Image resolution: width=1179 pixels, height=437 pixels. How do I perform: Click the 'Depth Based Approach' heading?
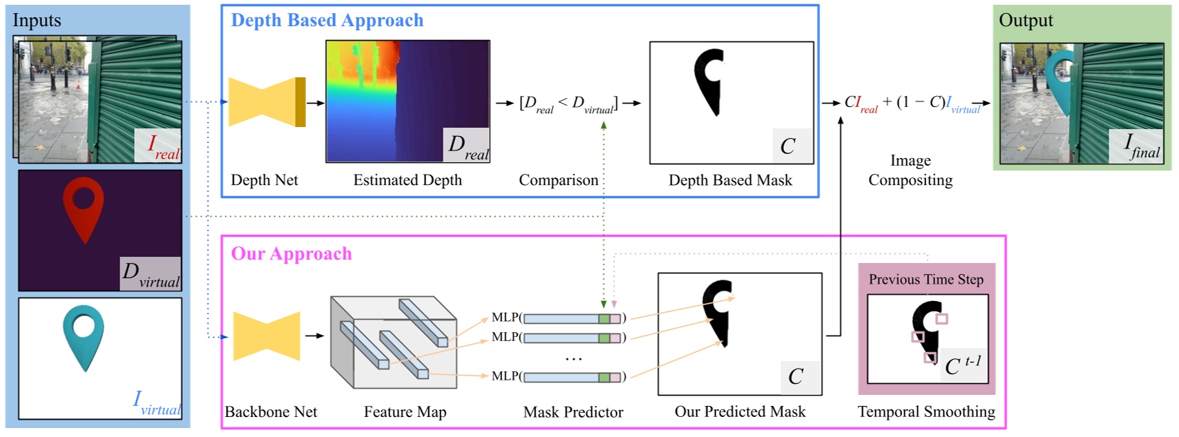pyautogui.click(x=327, y=21)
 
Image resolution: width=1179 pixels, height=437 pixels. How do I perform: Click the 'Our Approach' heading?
pyautogui.click(x=291, y=254)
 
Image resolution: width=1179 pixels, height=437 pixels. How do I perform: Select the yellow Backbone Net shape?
pyautogui.click(x=267, y=336)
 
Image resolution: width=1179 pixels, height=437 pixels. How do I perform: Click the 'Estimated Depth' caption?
pyautogui.click(x=408, y=180)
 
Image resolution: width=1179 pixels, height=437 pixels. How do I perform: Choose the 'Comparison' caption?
pyautogui.click(x=558, y=180)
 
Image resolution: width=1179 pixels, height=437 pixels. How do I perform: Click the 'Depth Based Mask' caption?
pyautogui.click(x=730, y=180)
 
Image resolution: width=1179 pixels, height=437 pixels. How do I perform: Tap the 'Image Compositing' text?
pyautogui.click(x=910, y=171)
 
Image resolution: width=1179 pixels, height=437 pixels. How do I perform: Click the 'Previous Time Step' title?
pyautogui.click(x=926, y=280)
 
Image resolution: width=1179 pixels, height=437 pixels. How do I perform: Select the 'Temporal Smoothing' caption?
pyautogui.click(x=926, y=412)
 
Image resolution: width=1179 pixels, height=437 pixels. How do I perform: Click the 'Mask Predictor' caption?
pyautogui.click(x=573, y=412)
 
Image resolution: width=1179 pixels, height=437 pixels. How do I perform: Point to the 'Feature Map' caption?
pyautogui.click(x=405, y=412)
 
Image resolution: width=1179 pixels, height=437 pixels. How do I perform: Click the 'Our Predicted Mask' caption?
pyautogui.click(x=740, y=412)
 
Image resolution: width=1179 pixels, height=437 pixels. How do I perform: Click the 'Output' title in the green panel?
pyautogui.click(x=1026, y=21)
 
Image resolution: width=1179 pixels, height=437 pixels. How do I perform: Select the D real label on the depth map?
pyautogui.click(x=468, y=146)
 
